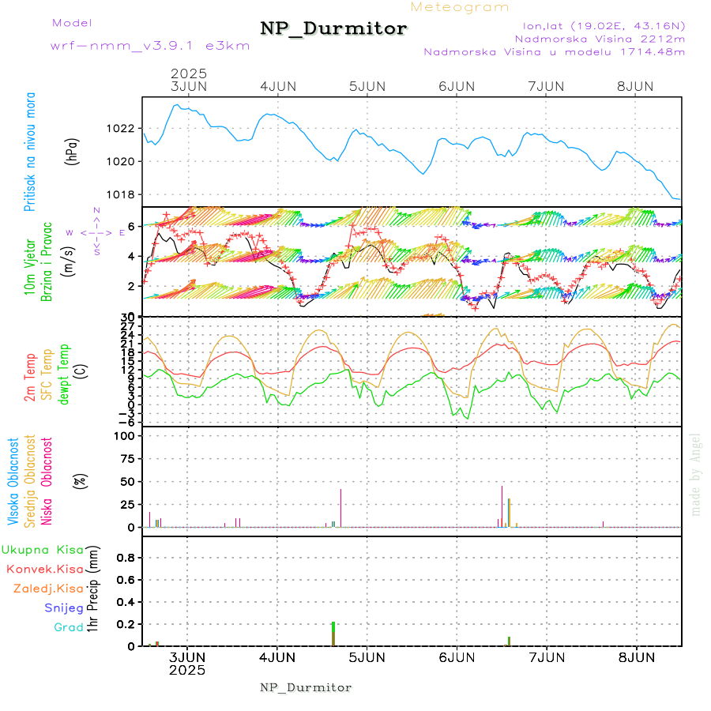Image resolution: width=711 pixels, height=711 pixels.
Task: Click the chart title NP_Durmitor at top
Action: point(333,29)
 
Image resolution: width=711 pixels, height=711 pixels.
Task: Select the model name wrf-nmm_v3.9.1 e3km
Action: point(150,46)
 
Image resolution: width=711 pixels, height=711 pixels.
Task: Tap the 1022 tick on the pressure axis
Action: point(126,128)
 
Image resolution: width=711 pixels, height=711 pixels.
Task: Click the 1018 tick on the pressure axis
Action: point(126,194)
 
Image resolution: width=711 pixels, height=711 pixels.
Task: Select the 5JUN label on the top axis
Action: point(367,86)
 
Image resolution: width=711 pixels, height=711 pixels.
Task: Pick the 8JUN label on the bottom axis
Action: point(636,656)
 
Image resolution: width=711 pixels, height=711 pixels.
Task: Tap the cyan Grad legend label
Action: point(69,628)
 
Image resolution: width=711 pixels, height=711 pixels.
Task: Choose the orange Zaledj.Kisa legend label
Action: point(48,589)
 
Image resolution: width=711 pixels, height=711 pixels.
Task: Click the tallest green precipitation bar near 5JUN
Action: point(333,634)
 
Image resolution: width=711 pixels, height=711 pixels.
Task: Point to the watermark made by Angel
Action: point(696,474)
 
